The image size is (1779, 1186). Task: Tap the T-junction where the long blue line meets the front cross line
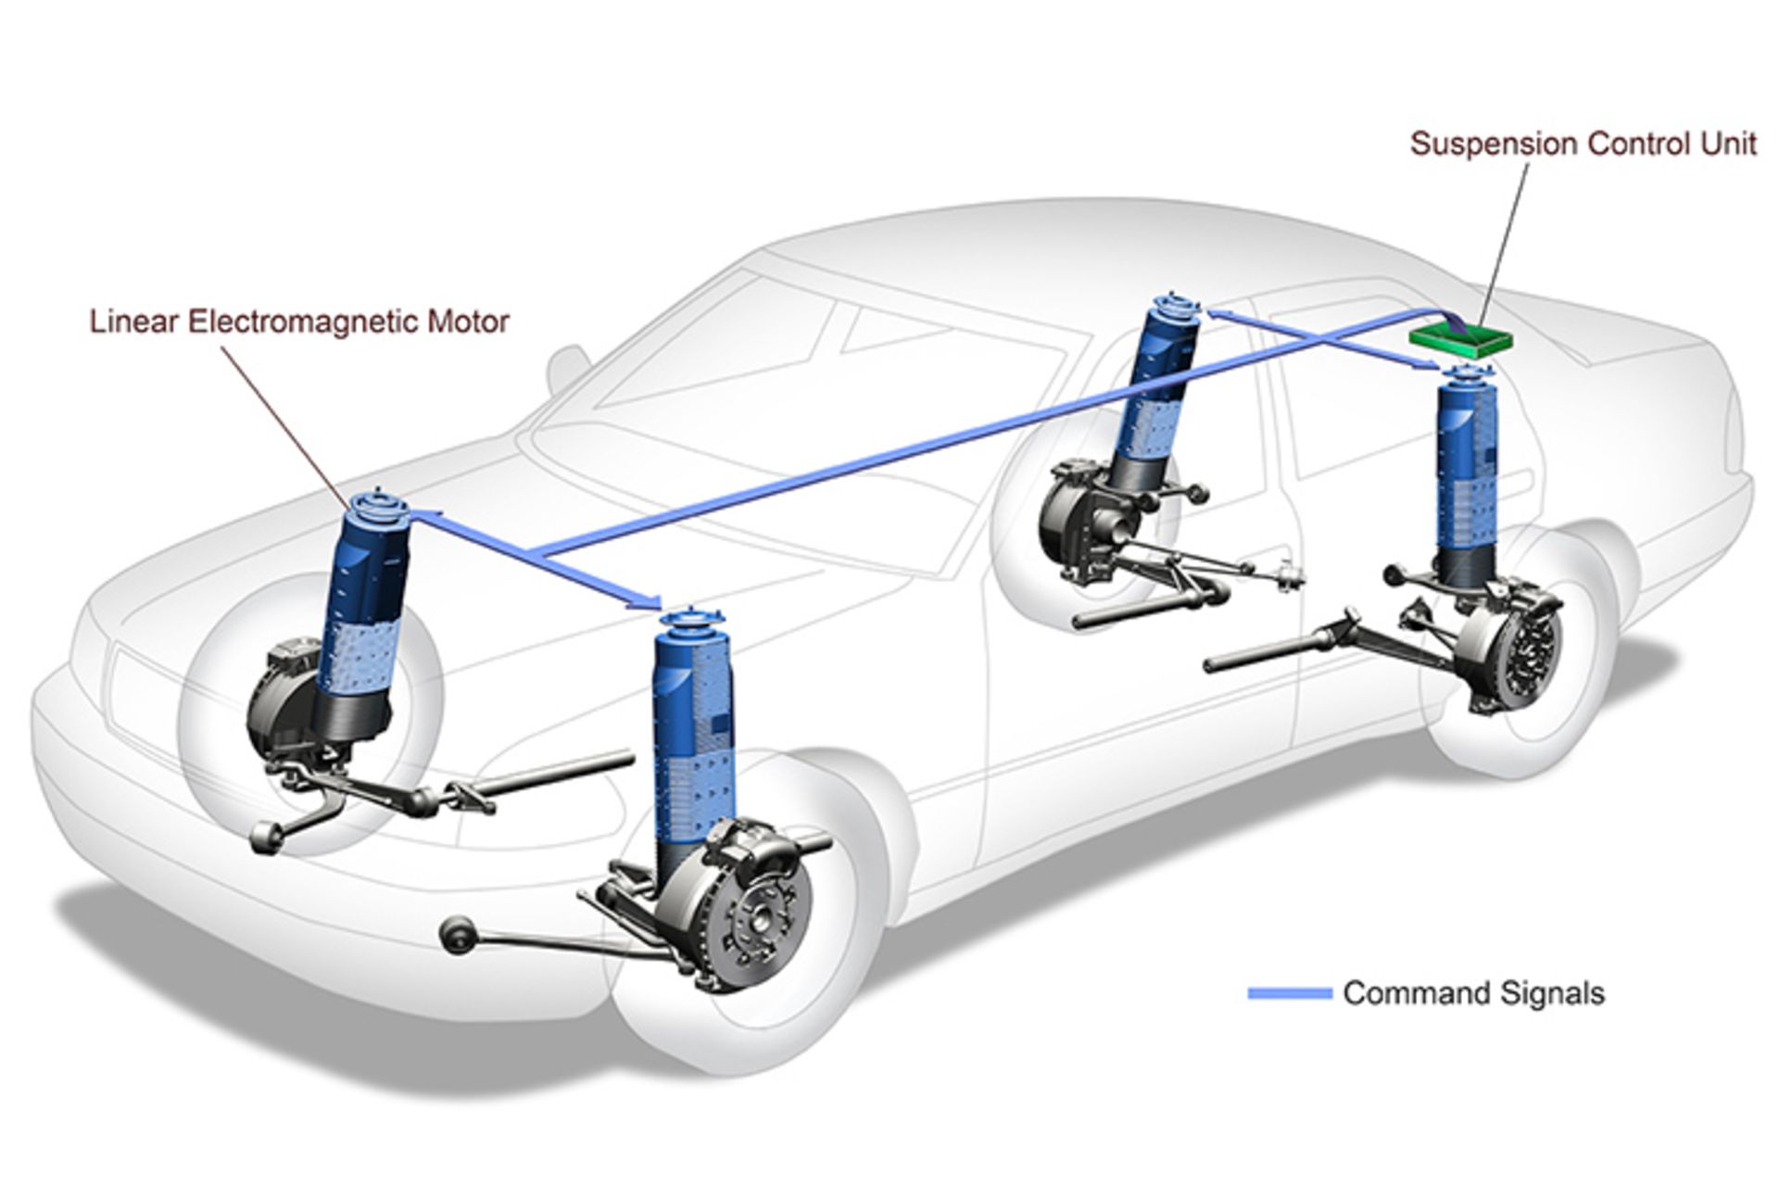(x=536, y=554)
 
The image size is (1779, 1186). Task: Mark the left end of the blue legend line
(x=1249, y=994)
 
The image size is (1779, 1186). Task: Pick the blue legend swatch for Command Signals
(x=1290, y=994)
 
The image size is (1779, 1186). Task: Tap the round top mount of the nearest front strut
(x=691, y=620)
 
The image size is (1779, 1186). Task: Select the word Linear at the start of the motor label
(x=135, y=322)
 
